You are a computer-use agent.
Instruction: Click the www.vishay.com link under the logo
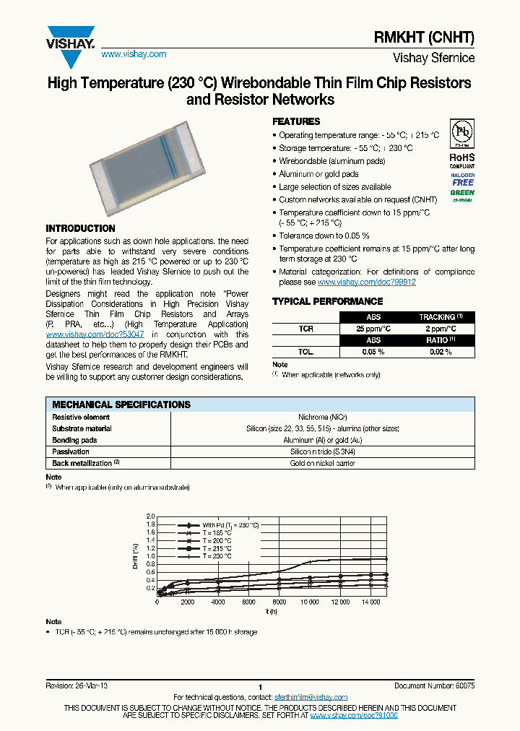tap(134, 54)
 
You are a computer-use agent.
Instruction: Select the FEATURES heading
tap(296, 122)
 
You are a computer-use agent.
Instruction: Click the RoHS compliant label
tap(461, 160)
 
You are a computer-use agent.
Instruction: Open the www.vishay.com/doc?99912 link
tap(367, 282)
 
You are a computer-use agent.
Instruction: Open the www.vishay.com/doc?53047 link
tap(95, 334)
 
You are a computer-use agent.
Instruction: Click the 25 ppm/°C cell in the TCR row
tap(373, 329)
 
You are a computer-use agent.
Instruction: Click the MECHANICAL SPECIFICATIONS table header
tap(122, 405)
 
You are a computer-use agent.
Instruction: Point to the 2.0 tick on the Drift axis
tap(151, 516)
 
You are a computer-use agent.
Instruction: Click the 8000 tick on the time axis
tap(279, 602)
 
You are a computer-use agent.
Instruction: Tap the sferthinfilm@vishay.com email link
tap(311, 697)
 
